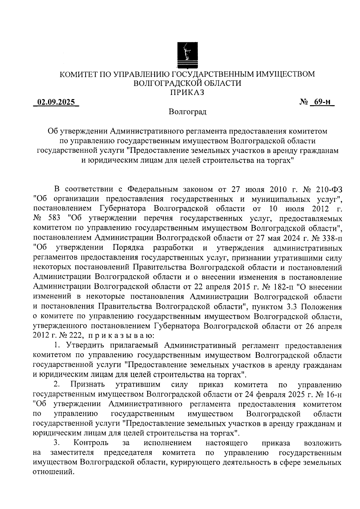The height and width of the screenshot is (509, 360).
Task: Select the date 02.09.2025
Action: point(56,102)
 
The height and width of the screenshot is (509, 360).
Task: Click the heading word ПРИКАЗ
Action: point(187,93)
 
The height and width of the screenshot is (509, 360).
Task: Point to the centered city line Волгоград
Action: point(187,112)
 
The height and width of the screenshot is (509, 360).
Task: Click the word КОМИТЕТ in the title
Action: point(79,74)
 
